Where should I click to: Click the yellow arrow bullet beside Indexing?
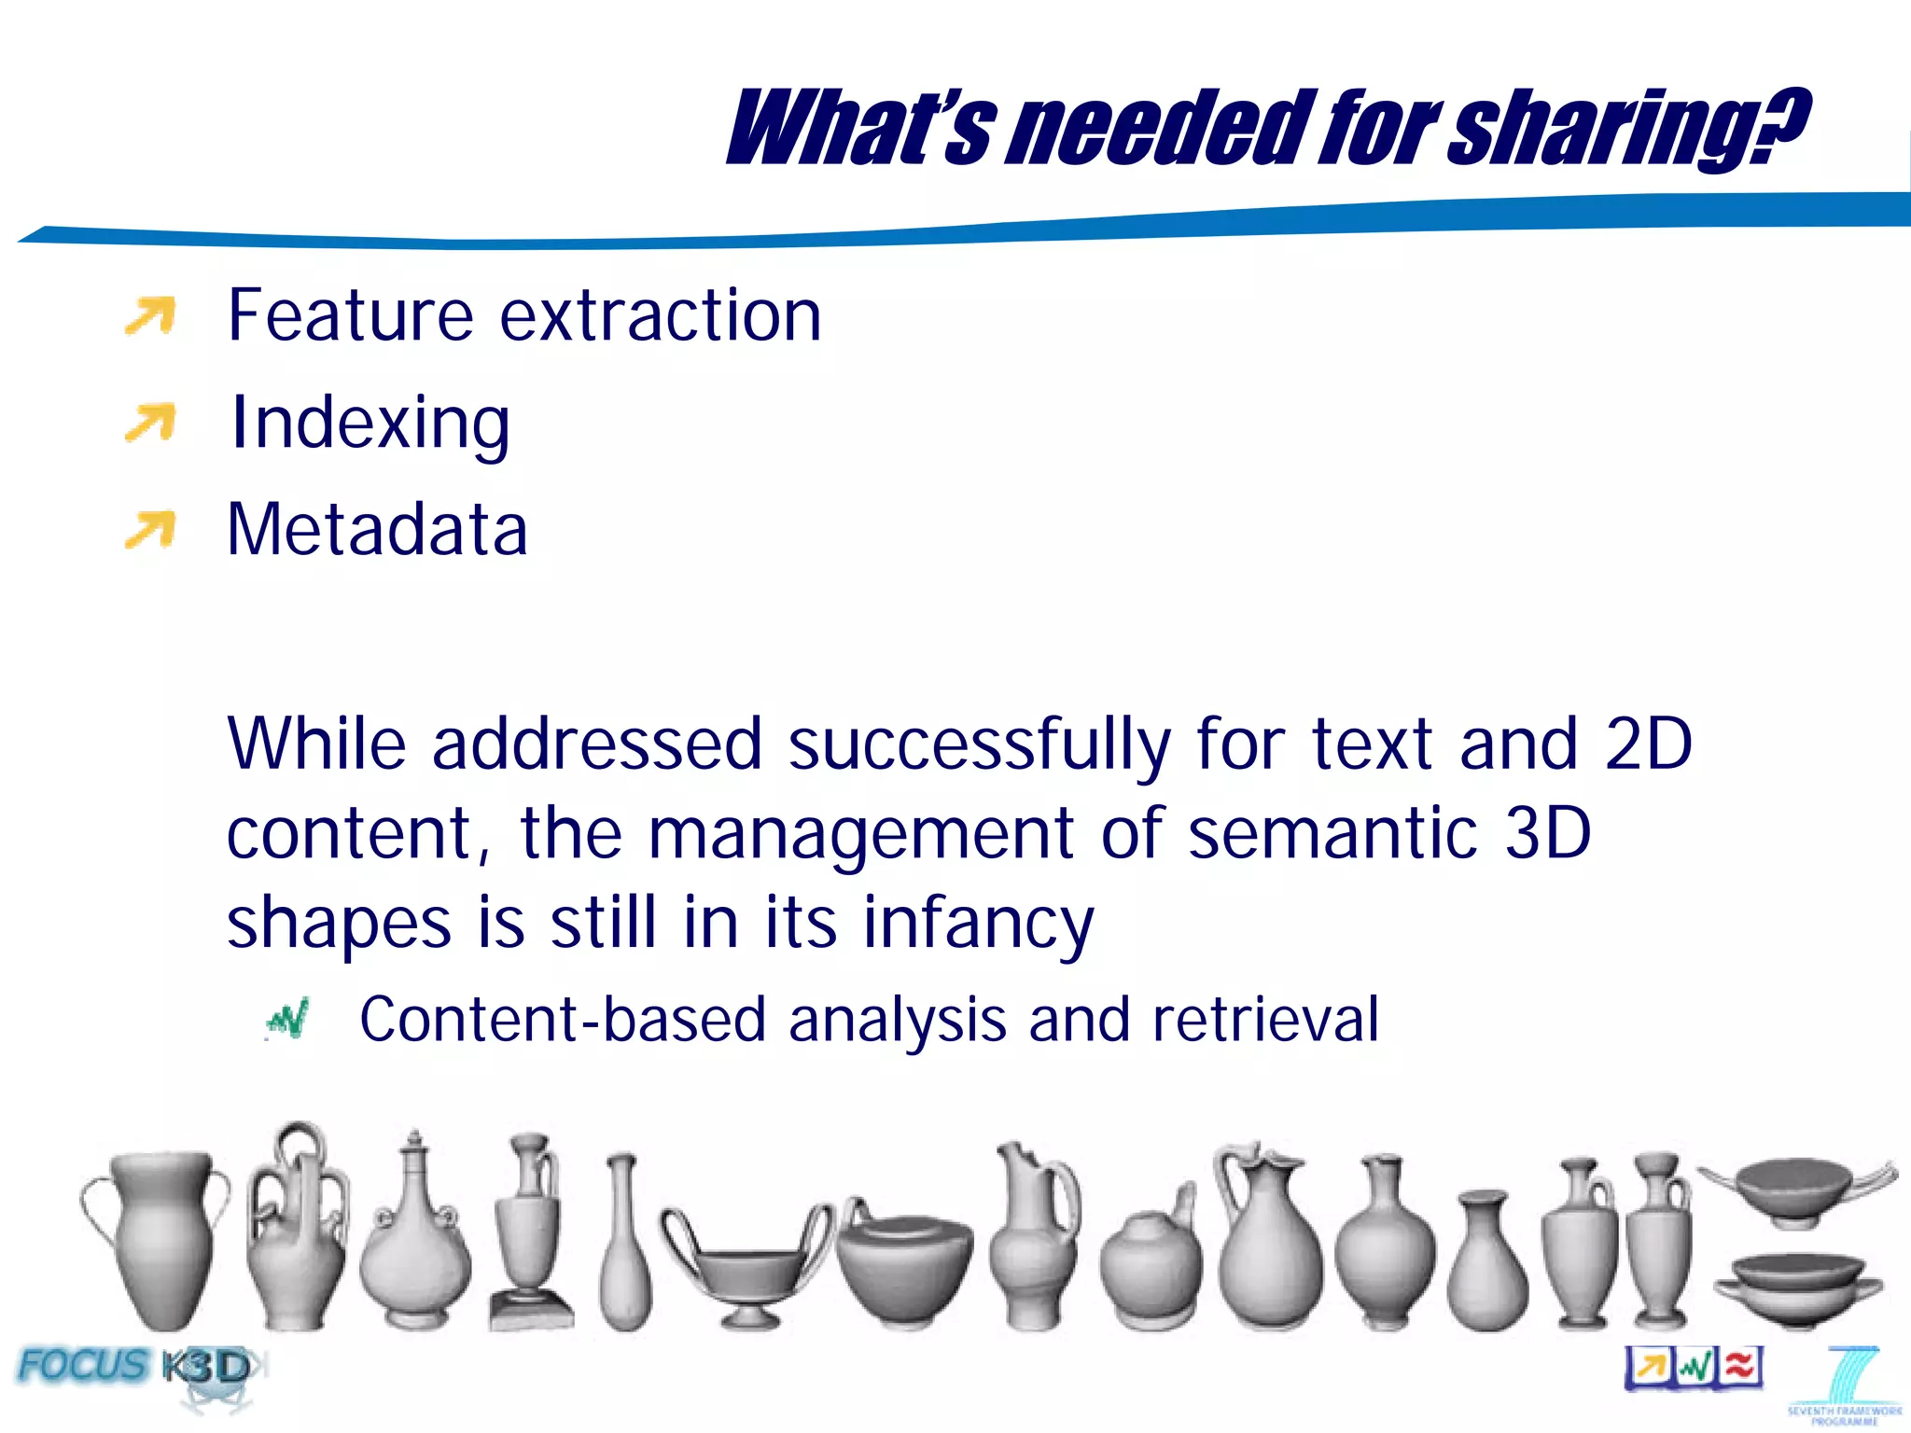[150, 423]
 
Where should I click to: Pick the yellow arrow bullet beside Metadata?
[150, 530]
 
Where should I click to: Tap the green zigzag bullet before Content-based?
[287, 1020]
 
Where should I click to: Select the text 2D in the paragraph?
[1647, 744]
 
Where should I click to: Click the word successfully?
[979, 745]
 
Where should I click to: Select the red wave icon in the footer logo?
[1739, 1367]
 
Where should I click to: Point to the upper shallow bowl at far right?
[1796, 1190]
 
